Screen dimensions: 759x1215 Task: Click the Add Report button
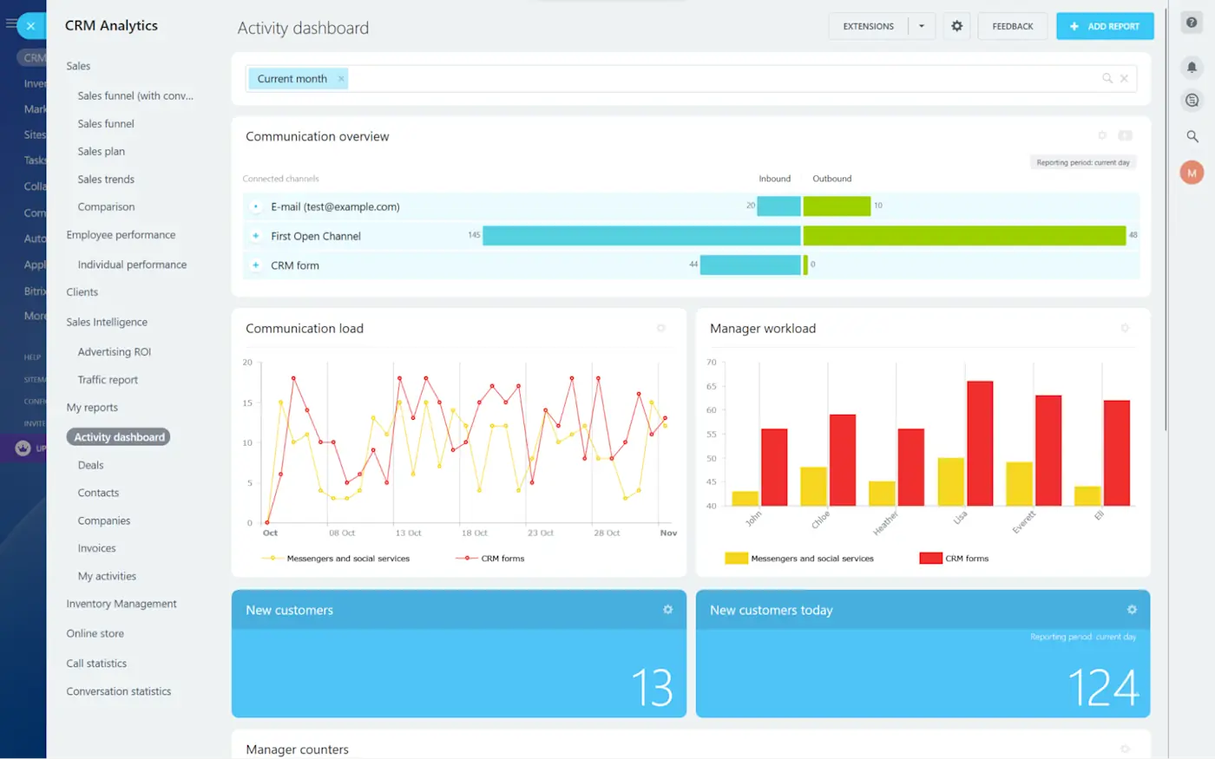click(1105, 26)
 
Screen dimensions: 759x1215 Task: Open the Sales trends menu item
click(106, 180)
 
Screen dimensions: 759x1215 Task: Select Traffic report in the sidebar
click(108, 380)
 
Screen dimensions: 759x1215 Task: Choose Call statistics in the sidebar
click(96, 664)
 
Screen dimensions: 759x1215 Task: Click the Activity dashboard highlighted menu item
click(119, 437)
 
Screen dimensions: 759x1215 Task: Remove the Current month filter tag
click(341, 79)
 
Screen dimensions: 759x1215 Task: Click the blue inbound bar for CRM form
click(750, 265)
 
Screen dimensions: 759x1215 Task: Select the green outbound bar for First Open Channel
click(964, 235)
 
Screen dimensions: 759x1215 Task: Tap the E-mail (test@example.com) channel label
click(335, 207)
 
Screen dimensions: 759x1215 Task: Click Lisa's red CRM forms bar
click(980, 443)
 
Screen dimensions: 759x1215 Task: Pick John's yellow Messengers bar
click(745, 499)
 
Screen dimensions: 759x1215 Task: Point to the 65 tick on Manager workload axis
click(712, 387)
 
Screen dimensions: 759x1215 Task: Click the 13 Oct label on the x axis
click(408, 533)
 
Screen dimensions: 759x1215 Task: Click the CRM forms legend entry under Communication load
click(502, 559)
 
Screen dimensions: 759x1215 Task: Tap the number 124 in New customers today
click(1103, 688)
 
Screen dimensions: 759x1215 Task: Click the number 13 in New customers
click(652, 688)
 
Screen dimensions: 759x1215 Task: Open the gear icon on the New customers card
click(667, 610)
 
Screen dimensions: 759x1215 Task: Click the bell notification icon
click(1192, 67)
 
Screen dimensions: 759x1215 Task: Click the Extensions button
click(868, 26)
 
